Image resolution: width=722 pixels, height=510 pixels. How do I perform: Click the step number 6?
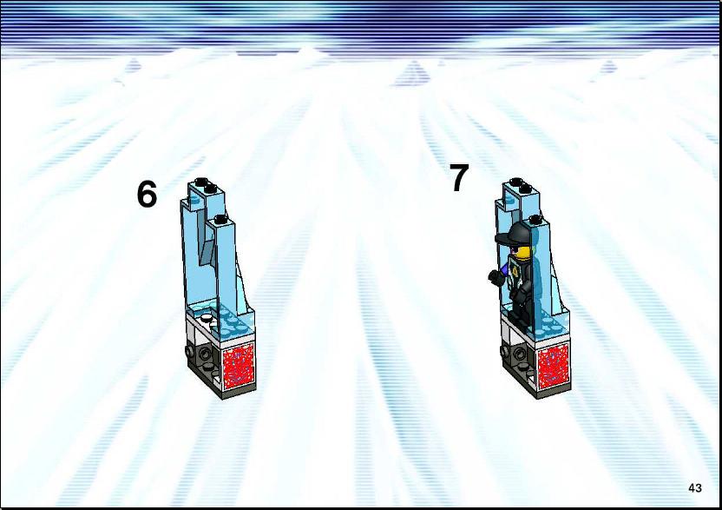pos(147,194)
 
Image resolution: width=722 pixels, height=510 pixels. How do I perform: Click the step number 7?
pos(458,177)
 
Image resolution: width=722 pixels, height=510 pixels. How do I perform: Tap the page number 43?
pos(695,488)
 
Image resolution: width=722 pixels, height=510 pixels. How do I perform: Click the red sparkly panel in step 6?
pos(239,364)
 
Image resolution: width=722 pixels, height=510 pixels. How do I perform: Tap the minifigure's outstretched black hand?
pos(495,276)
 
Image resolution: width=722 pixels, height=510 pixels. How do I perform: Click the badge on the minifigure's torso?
pos(515,272)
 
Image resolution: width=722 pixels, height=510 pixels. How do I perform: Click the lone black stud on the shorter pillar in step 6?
pos(220,219)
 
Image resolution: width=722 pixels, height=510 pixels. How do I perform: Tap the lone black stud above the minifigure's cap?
pos(535,219)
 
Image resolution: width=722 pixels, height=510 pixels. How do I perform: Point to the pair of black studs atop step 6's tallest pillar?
pos(205,185)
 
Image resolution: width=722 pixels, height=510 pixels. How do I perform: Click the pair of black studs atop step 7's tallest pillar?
pos(521,185)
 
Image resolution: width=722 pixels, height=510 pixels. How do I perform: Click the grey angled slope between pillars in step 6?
pos(207,249)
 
